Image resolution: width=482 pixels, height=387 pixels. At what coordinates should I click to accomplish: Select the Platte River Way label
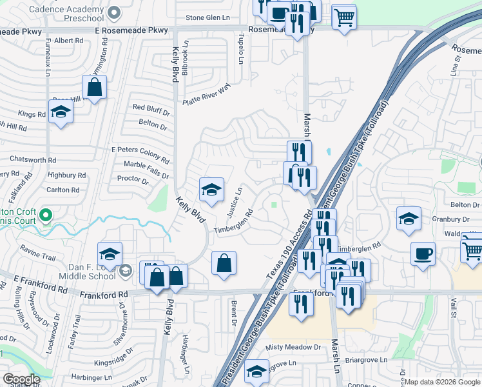tap(206, 95)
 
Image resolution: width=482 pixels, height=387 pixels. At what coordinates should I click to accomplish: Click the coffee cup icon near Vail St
tap(423, 253)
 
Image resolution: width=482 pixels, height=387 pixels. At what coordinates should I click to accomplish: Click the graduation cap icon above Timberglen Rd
tap(211, 190)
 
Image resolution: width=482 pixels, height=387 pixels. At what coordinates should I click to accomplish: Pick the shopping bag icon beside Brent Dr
tap(224, 263)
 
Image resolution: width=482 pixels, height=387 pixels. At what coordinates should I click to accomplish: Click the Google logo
tap(21, 380)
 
